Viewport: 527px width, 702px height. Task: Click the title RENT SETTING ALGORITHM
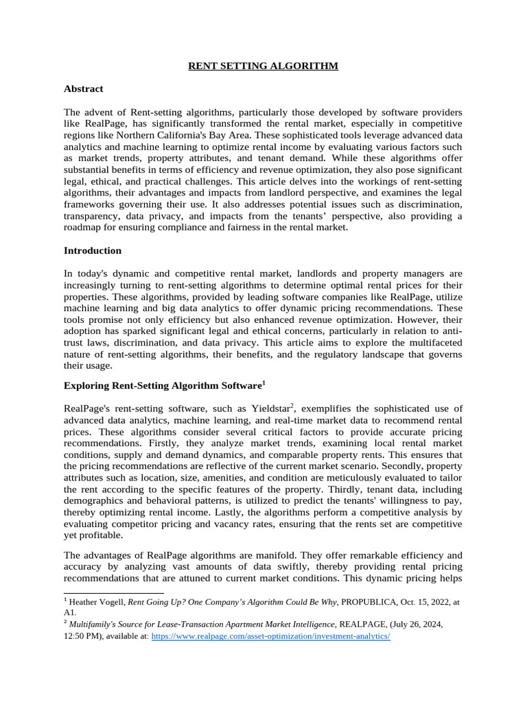[263, 66]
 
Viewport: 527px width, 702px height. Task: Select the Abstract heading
[83, 88]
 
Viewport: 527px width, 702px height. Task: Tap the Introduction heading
[92, 250]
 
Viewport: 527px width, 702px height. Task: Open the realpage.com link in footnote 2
[270, 636]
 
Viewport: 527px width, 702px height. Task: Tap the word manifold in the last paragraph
[290, 555]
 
